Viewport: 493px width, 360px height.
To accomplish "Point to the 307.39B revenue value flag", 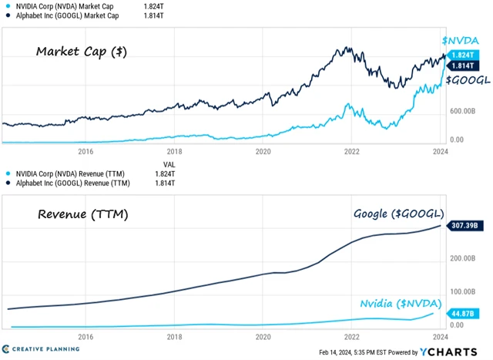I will click(x=468, y=226).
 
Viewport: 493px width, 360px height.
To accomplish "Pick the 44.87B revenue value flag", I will click(x=466, y=313).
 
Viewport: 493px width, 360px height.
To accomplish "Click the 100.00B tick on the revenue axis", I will click(x=465, y=292).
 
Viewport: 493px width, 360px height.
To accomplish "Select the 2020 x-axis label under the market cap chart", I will click(x=263, y=152).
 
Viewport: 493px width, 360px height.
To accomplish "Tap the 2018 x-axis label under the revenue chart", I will click(x=175, y=337).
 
